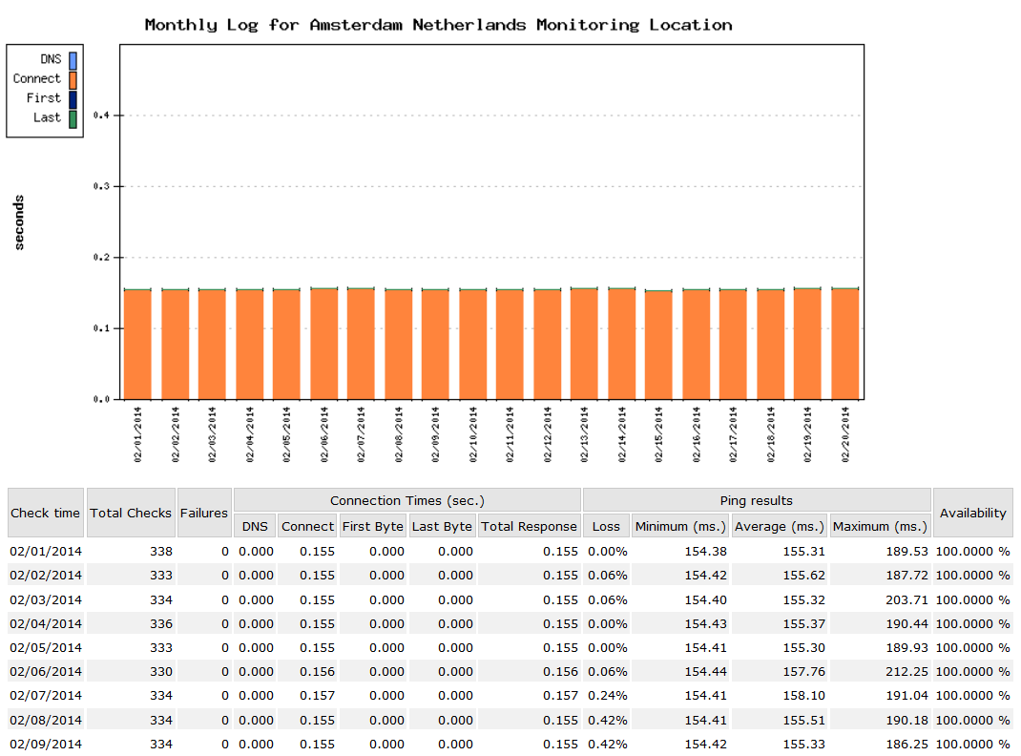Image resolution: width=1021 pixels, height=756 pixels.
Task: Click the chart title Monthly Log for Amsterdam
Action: point(438,25)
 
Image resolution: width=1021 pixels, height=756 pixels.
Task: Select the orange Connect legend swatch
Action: point(73,79)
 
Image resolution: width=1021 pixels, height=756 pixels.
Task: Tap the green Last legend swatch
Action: point(73,118)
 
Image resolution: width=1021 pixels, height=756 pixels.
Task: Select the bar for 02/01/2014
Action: point(137,344)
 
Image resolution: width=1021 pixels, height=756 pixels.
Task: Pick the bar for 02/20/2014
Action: point(844,344)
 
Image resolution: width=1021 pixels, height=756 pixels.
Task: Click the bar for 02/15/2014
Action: point(658,344)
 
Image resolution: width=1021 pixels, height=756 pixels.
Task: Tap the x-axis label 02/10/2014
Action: point(472,434)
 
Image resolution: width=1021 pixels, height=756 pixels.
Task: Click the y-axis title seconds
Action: point(20,222)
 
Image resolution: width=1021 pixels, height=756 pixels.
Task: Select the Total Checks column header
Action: point(131,513)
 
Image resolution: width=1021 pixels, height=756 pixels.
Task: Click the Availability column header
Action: point(972,513)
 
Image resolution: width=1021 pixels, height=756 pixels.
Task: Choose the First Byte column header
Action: point(372,526)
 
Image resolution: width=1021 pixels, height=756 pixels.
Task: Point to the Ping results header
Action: point(756,500)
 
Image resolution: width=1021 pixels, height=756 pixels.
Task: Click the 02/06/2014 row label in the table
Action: point(45,672)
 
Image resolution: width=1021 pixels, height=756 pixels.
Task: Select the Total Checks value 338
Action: point(161,552)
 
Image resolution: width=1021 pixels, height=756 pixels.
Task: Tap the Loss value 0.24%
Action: point(608,696)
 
